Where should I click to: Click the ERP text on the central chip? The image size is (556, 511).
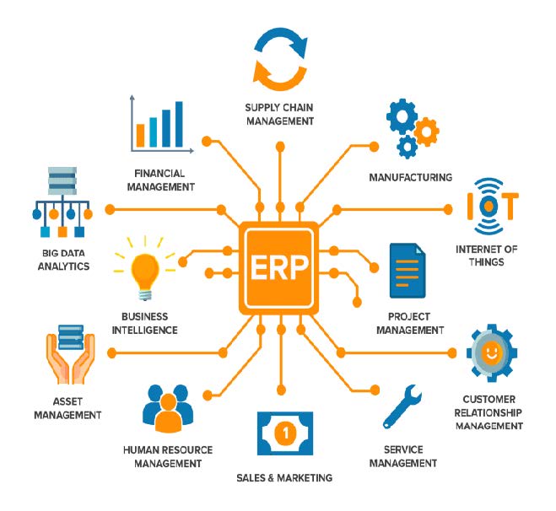coord(279,267)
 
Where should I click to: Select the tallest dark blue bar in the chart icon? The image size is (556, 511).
coord(179,124)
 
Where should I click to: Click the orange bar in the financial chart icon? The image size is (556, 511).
coord(140,136)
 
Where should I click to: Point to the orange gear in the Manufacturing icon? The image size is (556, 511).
coord(427,132)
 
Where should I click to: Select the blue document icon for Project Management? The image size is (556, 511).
coord(407,271)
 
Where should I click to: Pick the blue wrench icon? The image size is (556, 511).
coord(402,407)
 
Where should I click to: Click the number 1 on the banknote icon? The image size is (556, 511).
coord(285,433)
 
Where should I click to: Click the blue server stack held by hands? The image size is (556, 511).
coord(71,336)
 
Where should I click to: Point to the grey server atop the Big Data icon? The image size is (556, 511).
coord(62,180)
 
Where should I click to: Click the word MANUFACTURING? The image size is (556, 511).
coord(411,178)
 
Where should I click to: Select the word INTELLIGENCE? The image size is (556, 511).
coord(144,331)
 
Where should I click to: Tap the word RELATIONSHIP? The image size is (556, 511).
coord(489,413)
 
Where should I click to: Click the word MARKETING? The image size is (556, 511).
coord(305,478)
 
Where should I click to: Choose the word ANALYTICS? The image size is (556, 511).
coord(63,266)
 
